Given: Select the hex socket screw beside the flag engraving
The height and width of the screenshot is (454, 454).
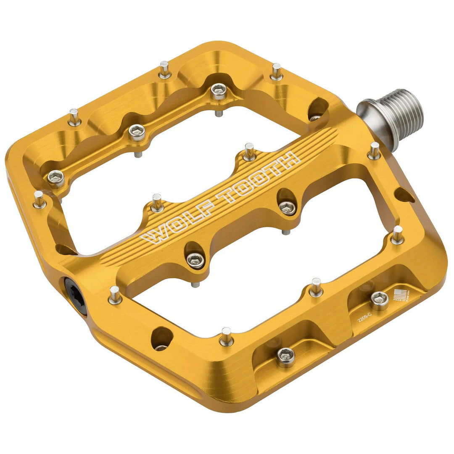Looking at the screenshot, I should [379, 299].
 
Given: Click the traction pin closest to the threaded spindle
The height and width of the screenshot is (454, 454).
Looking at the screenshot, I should [374, 151].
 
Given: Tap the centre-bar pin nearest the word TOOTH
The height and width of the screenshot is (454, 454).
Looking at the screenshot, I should [249, 151].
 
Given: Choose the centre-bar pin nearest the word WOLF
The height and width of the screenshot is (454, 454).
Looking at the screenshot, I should [157, 203].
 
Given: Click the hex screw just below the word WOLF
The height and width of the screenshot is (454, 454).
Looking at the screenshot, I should [195, 259].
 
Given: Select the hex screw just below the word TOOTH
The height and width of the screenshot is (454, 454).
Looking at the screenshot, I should [288, 206].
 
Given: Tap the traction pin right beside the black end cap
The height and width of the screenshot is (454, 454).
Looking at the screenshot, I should [115, 295].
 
